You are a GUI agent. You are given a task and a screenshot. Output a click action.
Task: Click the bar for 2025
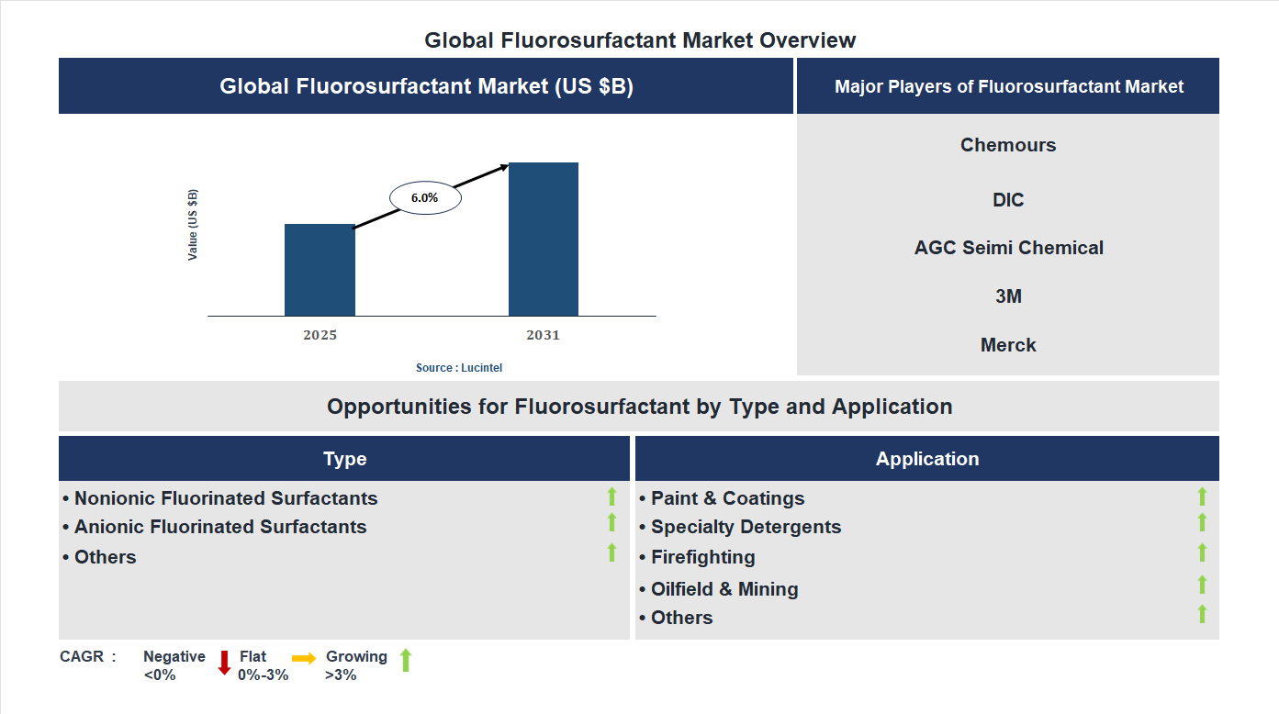click(x=320, y=270)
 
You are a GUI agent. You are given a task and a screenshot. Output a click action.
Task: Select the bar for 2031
click(x=544, y=240)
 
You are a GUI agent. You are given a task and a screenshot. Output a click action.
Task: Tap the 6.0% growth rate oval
click(x=425, y=197)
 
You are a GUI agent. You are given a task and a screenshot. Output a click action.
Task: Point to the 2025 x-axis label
click(x=320, y=335)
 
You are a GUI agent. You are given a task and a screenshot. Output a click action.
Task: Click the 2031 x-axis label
click(x=543, y=335)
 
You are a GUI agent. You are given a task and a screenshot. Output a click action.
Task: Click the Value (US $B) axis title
click(x=193, y=225)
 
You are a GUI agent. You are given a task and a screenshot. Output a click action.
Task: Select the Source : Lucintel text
click(x=459, y=367)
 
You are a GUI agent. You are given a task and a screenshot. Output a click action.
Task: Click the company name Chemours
click(x=1008, y=145)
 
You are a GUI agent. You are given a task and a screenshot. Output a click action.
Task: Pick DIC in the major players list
click(x=1008, y=200)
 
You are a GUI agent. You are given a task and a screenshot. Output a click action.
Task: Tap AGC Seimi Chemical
click(x=1008, y=248)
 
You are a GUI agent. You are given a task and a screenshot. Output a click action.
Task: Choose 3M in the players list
click(x=1008, y=296)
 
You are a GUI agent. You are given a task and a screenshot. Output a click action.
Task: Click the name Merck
click(x=1008, y=345)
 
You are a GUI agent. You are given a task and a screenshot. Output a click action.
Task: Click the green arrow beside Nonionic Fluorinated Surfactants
click(x=611, y=496)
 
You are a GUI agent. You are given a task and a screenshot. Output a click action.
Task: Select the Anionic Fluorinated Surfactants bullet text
click(x=220, y=527)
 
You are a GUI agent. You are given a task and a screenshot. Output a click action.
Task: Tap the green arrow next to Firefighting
click(x=1202, y=552)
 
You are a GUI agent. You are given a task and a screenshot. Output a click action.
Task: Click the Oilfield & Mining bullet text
click(x=724, y=589)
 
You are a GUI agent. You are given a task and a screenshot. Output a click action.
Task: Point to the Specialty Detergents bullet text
click(x=746, y=527)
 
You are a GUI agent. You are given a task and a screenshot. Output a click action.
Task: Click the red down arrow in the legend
click(x=224, y=663)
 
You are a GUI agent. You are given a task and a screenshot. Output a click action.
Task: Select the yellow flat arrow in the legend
click(x=304, y=658)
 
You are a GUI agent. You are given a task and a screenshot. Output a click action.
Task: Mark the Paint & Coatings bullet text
click(x=727, y=498)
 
